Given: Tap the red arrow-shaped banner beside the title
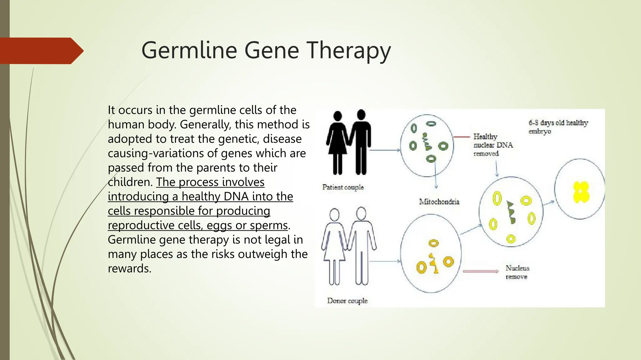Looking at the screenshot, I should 41,51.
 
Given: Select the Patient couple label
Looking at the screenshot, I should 343,187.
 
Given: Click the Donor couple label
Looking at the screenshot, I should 347,301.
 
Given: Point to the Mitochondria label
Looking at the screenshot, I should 439,202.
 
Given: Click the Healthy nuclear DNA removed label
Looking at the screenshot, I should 493,145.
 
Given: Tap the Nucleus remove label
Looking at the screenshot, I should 517,272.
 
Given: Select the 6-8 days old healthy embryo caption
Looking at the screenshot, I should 558,127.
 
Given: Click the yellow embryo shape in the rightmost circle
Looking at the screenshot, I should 581,192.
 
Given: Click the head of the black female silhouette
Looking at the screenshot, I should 337,116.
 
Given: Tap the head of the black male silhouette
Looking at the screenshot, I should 361,114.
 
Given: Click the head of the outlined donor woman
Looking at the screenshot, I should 335,215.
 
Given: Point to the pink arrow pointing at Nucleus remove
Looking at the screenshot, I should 480,271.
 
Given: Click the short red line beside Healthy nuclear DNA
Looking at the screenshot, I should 461,137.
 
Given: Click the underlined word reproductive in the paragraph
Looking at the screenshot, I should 141,225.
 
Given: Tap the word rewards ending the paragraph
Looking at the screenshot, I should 129,268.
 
